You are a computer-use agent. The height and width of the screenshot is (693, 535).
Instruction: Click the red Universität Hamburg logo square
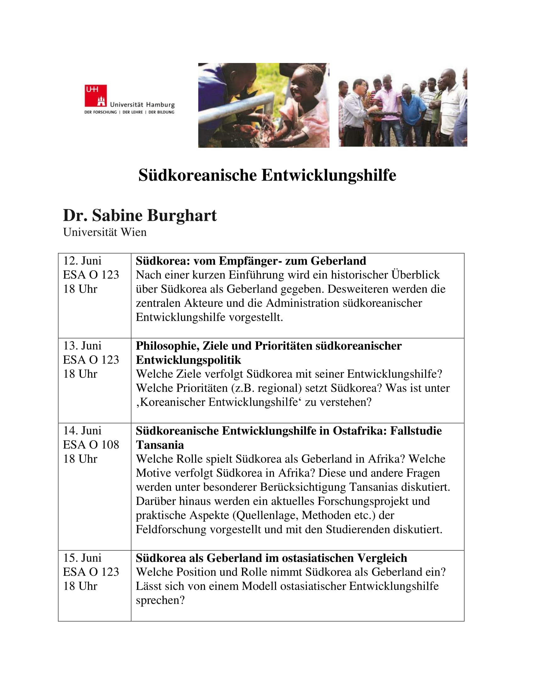pos(95,95)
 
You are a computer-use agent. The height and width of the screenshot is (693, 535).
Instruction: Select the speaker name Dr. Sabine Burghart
pos(140,215)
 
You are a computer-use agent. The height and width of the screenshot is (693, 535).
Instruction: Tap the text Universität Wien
pos(104,232)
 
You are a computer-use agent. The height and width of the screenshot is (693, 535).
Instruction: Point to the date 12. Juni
pos(82,261)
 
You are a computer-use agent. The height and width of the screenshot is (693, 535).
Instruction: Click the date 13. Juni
pos(82,346)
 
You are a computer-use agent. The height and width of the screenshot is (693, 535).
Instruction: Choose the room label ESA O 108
pos(91,444)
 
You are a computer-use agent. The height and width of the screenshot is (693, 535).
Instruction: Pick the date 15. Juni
pos(82,558)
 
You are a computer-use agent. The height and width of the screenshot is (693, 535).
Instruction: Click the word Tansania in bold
pos(160,445)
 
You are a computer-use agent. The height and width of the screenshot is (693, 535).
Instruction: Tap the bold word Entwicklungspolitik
pos(188,360)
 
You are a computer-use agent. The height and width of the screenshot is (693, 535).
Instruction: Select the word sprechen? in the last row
pos(160,600)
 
